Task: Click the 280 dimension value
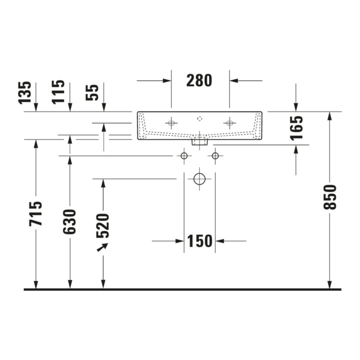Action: click(x=199, y=80)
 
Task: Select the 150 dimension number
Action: click(x=199, y=241)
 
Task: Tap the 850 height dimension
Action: click(x=329, y=197)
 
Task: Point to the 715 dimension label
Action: click(x=36, y=214)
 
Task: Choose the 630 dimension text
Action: click(x=69, y=222)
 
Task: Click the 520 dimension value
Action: click(x=102, y=226)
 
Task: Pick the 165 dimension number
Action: click(x=296, y=128)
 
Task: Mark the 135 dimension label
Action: click(x=25, y=93)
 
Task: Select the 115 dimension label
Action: click(x=58, y=92)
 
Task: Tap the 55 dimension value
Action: click(x=92, y=93)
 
